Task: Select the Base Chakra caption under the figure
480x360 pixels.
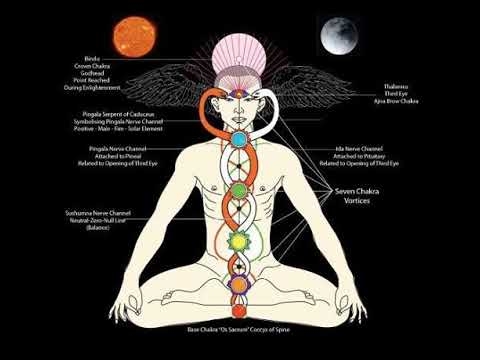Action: pyautogui.click(x=240, y=327)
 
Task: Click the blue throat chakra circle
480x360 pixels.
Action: pyautogui.click(x=240, y=156)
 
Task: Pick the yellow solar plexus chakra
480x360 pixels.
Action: pyautogui.click(x=240, y=240)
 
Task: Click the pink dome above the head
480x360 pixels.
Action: pyautogui.click(x=240, y=50)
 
